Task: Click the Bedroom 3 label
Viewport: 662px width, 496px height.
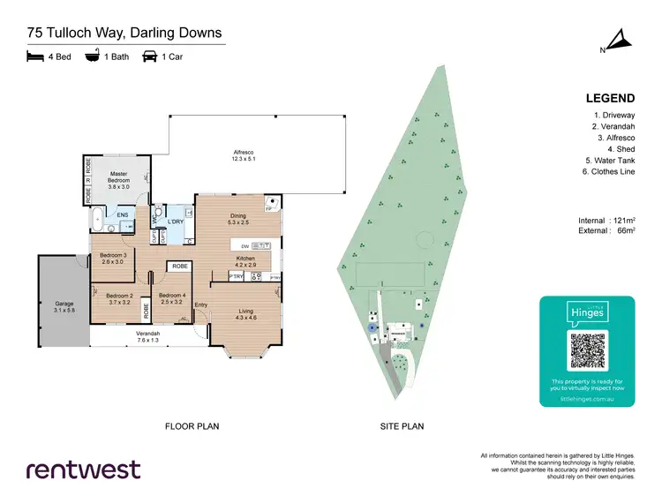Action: coord(114,258)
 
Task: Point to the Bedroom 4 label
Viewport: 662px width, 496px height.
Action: coord(171,298)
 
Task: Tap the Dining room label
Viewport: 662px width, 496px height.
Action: coord(237,218)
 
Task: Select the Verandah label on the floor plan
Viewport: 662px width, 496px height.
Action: coord(147,336)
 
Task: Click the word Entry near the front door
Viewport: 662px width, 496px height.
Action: coord(201,305)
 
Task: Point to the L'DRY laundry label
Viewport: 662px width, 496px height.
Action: coord(175,222)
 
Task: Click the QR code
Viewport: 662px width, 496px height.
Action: coord(587,350)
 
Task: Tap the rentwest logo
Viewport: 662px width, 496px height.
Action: coord(83,469)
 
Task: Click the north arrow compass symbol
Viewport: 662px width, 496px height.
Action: coord(618,41)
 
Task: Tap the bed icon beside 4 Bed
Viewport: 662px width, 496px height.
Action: coord(34,57)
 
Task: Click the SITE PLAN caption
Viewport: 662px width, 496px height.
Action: coord(402,426)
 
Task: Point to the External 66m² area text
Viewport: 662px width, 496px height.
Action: coord(604,230)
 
